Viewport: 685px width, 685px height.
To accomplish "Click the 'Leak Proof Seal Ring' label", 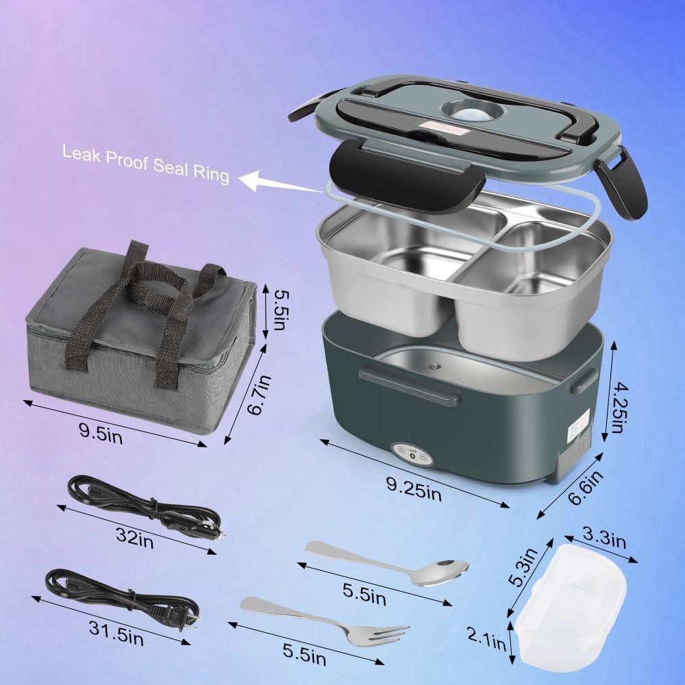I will click(145, 163).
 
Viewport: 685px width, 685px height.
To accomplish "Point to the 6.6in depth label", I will click(588, 487).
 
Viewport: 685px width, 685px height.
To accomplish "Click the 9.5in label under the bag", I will click(101, 433).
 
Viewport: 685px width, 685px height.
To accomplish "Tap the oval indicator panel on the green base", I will click(410, 454).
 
